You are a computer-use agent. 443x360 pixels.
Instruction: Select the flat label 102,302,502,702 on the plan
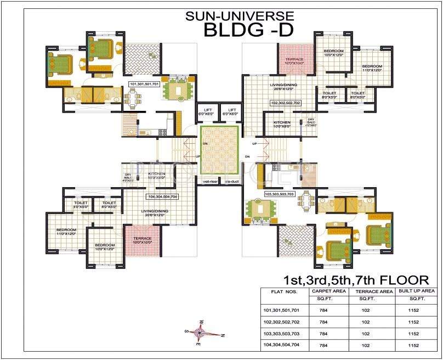(x=286, y=103)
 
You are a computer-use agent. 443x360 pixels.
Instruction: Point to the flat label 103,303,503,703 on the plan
(x=280, y=194)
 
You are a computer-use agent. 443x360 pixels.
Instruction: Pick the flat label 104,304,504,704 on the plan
(x=162, y=196)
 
